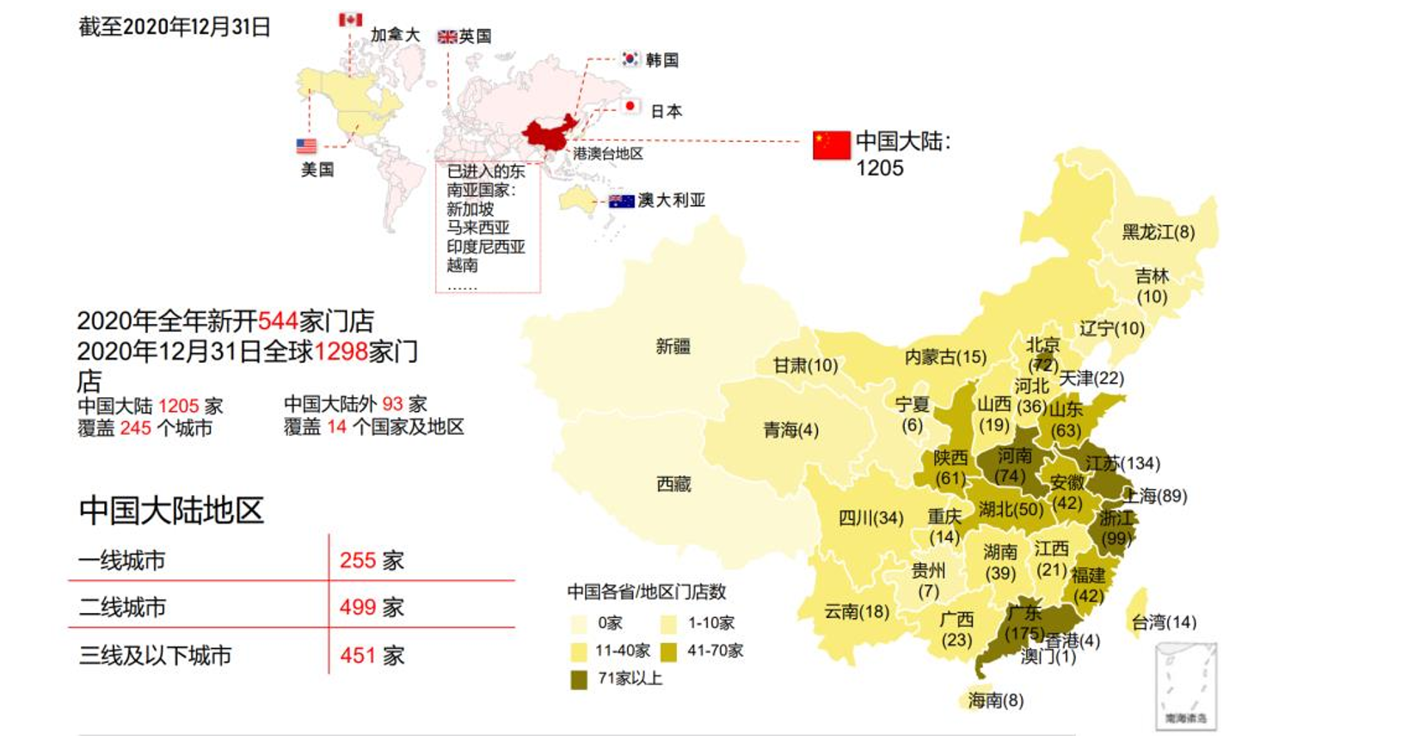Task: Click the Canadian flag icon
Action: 350,19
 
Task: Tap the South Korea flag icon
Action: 630,58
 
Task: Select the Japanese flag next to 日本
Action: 631,107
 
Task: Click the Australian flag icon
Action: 621,201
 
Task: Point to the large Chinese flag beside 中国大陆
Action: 832,145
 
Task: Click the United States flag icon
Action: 306,146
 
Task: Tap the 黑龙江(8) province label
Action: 1158,232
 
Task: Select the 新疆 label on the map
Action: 673,346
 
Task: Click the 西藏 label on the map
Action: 673,484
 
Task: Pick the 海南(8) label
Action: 995,700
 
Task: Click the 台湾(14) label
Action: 1163,621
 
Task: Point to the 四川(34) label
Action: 870,517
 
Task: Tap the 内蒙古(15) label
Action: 945,356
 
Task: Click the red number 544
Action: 278,321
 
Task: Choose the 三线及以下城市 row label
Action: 156,655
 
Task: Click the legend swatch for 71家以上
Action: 579,679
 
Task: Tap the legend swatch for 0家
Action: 579,623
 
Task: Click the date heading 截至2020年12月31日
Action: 175,27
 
